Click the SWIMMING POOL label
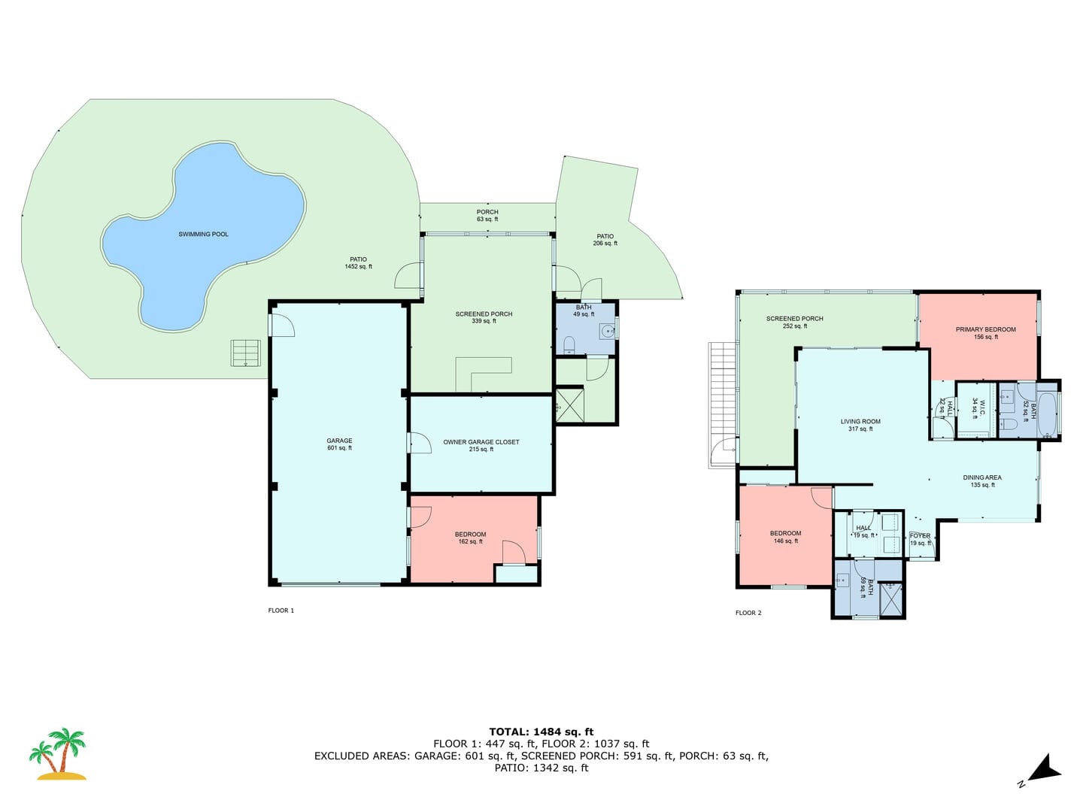(x=203, y=234)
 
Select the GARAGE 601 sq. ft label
(x=339, y=444)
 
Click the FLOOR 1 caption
(x=281, y=611)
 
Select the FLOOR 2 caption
(x=748, y=613)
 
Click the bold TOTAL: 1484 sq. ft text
(x=541, y=732)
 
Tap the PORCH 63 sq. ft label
(x=487, y=216)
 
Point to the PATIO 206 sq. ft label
(x=605, y=240)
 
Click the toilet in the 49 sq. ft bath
(x=569, y=344)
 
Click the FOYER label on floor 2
(x=920, y=536)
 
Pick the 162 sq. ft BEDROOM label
(x=470, y=538)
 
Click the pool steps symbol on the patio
(x=246, y=353)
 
